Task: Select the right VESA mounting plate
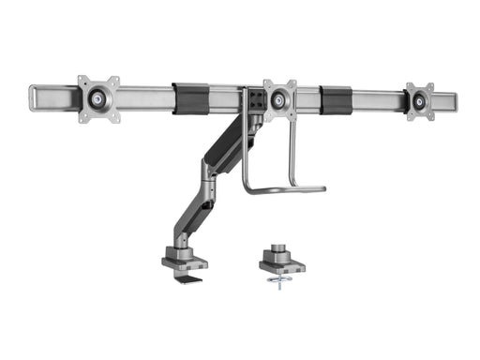pyautogui.click(x=419, y=101)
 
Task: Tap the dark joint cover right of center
pyautogui.click(x=335, y=98)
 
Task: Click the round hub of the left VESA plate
pyautogui.click(x=97, y=97)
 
